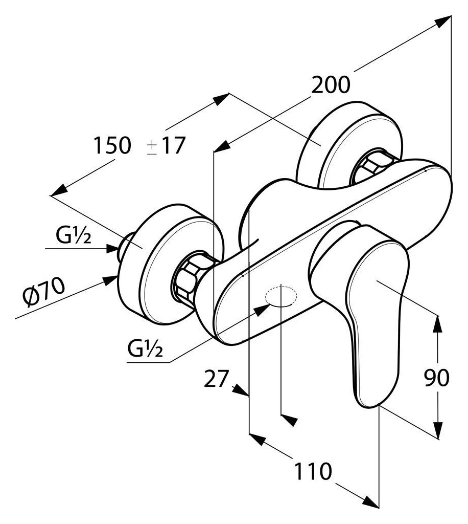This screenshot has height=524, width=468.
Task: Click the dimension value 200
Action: coord(331,85)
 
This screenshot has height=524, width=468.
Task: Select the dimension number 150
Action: coord(112,146)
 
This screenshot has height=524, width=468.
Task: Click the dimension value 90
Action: coord(436,378)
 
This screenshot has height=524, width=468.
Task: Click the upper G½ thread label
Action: coord(74,237)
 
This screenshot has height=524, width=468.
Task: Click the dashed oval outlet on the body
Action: coord(280,296)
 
